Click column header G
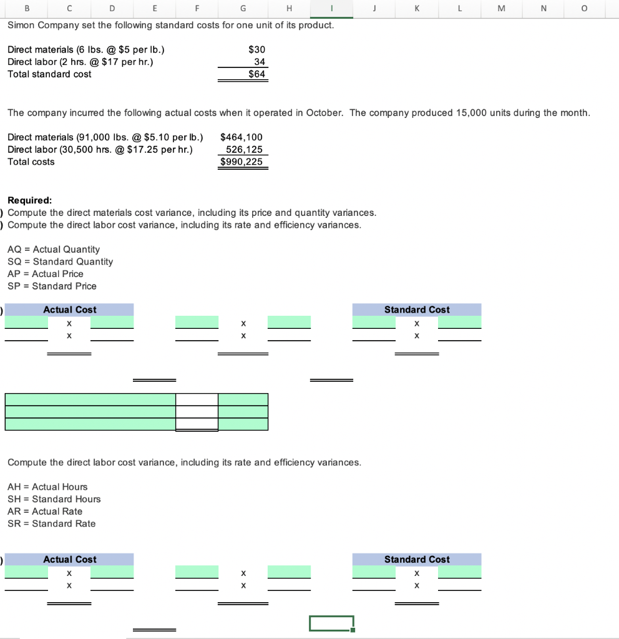(x=243, y=9)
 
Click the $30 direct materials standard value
(x=256, y=49)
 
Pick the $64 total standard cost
(x=256, y=74)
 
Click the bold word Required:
(x=30, y=200)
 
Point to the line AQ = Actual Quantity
(x=53, y=249)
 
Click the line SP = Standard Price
(x=52, y=286)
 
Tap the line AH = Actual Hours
(x=47, y=487)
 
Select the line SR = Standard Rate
(x=51, y=524)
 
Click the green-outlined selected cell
(x=331, y=623)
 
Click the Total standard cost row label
(x=49, y=74)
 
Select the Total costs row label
(x=31, y=162)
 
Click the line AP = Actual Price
(x=45, y=274)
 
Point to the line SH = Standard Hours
(x=54, y=499)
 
